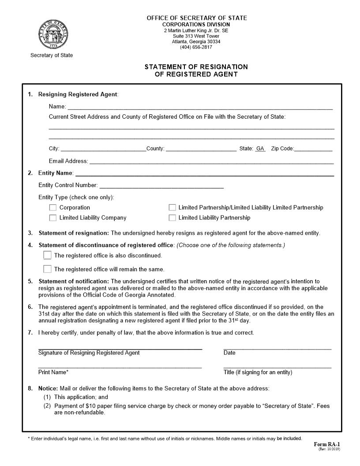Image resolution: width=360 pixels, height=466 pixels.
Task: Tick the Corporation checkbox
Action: pos(53,207)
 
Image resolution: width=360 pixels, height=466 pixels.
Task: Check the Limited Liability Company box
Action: pos(53,218)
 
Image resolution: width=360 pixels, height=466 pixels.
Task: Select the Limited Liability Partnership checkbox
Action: pos(172,218)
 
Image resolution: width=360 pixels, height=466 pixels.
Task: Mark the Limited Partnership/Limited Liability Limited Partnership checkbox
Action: pos(172,207)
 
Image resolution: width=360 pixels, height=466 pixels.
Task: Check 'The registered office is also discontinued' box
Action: pos(47,255)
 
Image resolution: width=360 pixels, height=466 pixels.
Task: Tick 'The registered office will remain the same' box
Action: pos(47,269)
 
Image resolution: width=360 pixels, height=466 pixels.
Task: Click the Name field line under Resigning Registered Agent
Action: pos(199,106)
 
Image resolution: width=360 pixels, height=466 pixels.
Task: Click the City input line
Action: pos(103,149)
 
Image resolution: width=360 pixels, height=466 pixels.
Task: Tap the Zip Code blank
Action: pos(313,149)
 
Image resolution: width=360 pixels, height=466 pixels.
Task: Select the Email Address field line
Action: pos(211,161)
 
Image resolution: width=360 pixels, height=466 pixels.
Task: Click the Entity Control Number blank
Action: pos(161,185)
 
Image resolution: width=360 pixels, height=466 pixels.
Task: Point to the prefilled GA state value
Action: pos(260,149)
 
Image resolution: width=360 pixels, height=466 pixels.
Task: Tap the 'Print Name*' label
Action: pos(53,372)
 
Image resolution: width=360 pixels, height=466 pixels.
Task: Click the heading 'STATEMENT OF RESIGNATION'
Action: pos(196,67)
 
